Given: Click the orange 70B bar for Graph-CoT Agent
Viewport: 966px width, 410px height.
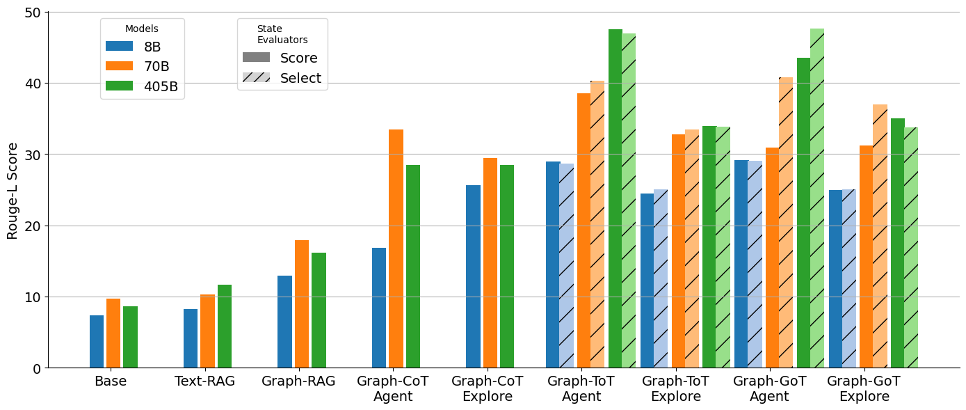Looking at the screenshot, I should point(396,249).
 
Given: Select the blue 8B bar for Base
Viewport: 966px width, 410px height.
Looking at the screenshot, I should point(97,341).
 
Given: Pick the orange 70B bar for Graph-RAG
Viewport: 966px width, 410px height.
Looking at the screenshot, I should point(302,303).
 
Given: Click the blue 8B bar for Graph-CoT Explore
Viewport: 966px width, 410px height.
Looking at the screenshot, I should point(473,276).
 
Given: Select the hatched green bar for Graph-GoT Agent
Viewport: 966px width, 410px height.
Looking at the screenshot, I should point(817,198).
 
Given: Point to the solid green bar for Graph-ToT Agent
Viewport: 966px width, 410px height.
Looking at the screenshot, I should point(615,198).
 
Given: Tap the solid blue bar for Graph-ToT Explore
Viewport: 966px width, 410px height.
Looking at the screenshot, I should point(647,281).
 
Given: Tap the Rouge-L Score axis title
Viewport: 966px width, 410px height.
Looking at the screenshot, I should point(13,191).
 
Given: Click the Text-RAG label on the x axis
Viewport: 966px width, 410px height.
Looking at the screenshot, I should point(204,381).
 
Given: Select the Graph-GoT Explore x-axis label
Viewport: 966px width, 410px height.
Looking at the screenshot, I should point(864,389).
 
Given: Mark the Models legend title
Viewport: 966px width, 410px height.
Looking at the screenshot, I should point(142,29).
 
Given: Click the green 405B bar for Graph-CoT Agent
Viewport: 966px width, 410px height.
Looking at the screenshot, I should point(413,266).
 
